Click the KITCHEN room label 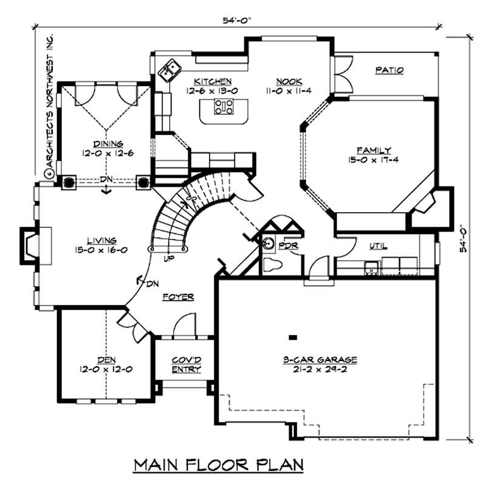coord(212,81)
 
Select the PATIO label coord(389,70)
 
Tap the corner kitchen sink coord(168,70)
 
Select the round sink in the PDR coord(268,244)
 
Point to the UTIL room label coord(379,246)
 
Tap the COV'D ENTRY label coord(186,364)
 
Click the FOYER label coord(178,297)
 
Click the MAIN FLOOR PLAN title coord(218,465)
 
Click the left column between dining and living coord(68,181)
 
